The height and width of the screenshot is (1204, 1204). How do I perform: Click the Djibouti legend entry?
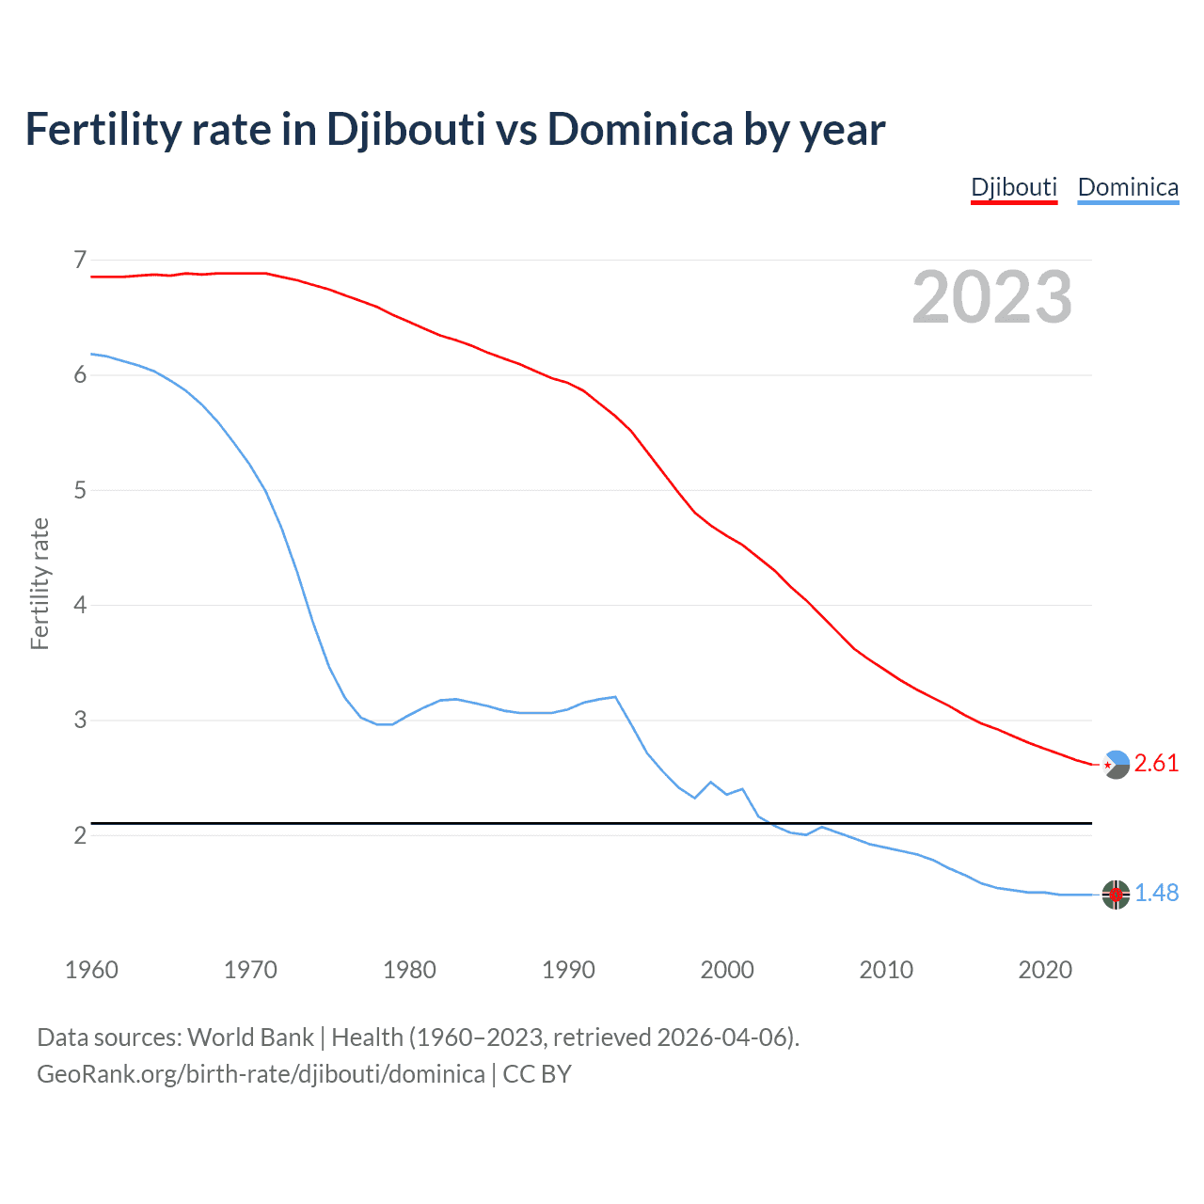[x=1014, y=187]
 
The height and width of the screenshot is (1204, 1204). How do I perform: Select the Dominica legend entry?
[x=1128, y=187]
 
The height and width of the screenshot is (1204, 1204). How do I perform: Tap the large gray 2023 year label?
[x=991, y=297]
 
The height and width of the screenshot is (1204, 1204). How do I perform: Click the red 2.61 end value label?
[x=1156, y=763]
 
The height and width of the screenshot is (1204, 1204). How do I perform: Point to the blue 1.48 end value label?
[x=1156, y=893]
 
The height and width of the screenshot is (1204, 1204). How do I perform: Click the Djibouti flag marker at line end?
[x=1116, y=765]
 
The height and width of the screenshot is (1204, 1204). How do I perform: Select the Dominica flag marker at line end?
[x=1116, y=895]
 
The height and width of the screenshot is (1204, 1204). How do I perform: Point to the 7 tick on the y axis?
[x=80, y=260]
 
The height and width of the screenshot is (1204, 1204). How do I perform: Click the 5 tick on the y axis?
[x=80, y=490]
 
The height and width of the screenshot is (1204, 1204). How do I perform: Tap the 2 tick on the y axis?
[x=80, y=835]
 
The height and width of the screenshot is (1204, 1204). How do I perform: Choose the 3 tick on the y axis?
[x=80, y=721]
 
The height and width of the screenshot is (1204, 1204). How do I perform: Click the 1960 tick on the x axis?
[x=91, y=970]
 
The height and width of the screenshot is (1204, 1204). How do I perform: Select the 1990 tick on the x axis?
[x=568, y=970]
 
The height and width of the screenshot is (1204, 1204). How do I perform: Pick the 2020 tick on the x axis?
[x=1045, y=970]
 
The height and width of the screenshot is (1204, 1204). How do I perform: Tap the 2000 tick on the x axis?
[x=727, y=970]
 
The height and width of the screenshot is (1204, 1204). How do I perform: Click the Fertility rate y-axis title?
[x=40, y=583]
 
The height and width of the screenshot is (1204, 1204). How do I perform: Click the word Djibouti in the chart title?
[x=405, y=130]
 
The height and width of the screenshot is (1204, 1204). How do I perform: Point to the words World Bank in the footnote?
[x=250, y=1038]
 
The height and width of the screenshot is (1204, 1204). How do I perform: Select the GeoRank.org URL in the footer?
[x=261, y=1074]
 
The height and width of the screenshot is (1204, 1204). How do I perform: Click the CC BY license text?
[x=537, y=1074]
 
